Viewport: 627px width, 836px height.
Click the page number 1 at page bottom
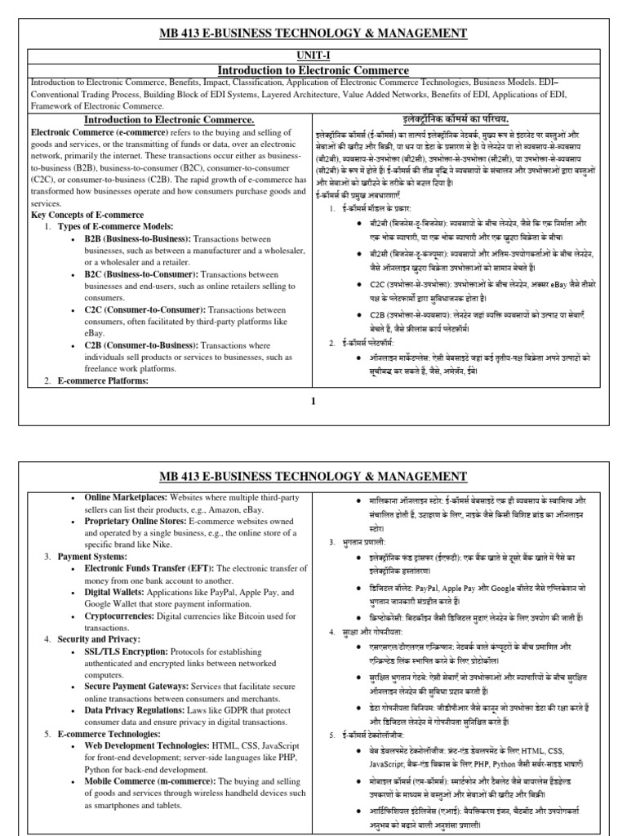(x=313, y=401)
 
